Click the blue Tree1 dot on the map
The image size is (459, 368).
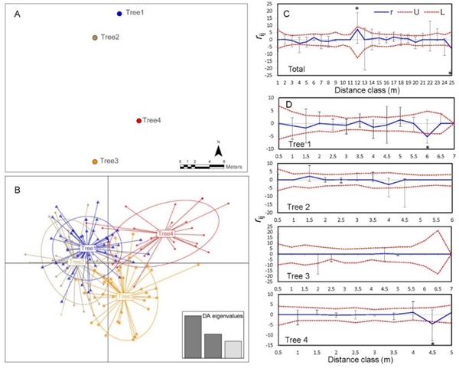[119, 13]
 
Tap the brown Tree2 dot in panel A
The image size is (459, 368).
[95, 37]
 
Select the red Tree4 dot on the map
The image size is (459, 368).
[138, 120]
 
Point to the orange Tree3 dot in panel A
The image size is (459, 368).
[95, 161]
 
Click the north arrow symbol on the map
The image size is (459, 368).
[218, 152]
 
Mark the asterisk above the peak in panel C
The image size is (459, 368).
[356, 8]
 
